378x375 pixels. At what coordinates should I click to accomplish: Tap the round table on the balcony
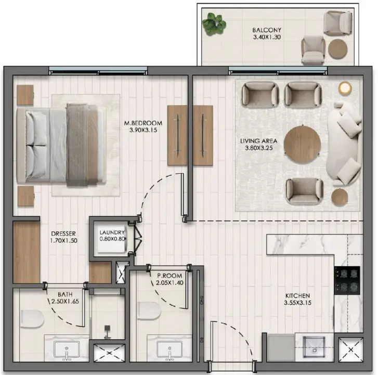click(x=338, y=49)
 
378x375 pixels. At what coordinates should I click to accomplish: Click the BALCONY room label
click(x=264, y=30)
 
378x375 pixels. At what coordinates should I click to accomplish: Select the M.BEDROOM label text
click(x=143, y=123)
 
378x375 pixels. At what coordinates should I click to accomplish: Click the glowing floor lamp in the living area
click(x=345, y=88)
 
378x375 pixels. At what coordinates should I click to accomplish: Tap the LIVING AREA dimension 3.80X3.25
click(x=258, y=148)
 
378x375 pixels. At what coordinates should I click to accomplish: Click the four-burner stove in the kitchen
click(x=347, y=280)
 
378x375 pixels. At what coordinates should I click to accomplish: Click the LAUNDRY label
click(x=112, y=232)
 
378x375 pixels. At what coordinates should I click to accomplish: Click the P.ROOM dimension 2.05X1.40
click(x=169, y=283)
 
